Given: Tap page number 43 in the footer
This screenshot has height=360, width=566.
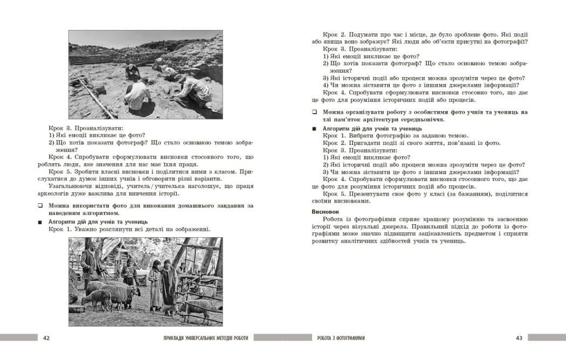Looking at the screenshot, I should point(519,338).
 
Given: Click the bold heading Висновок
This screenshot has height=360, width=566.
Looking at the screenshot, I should point(325,212).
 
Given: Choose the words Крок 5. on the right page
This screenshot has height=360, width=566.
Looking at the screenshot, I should point(333,194).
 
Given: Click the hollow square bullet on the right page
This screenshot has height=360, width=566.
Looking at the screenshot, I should point(314,112).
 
